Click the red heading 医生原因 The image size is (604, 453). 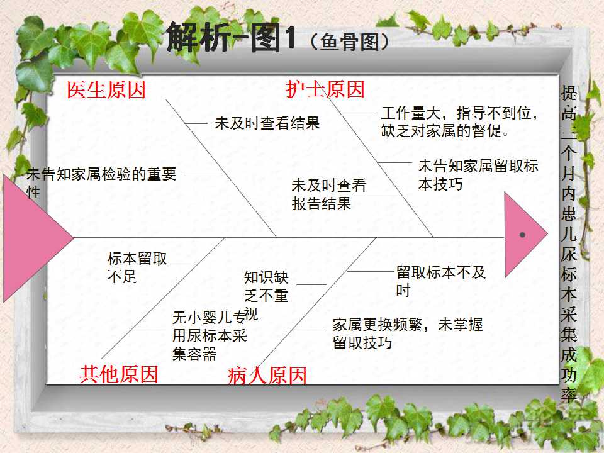106,90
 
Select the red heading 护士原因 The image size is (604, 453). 325,89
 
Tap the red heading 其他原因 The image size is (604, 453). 119,374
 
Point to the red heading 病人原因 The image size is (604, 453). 267,376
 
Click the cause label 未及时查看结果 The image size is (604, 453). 267,123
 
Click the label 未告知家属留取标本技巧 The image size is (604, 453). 478,175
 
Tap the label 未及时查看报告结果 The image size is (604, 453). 328,194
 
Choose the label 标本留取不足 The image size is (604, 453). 137,267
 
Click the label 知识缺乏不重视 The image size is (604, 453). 266,295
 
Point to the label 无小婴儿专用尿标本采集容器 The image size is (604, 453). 210,335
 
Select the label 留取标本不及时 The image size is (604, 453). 440,281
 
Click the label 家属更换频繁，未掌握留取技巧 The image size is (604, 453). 408,333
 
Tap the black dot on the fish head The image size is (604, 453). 522,235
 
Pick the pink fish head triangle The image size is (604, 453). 522,235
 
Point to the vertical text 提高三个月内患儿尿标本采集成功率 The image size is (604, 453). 569,244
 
